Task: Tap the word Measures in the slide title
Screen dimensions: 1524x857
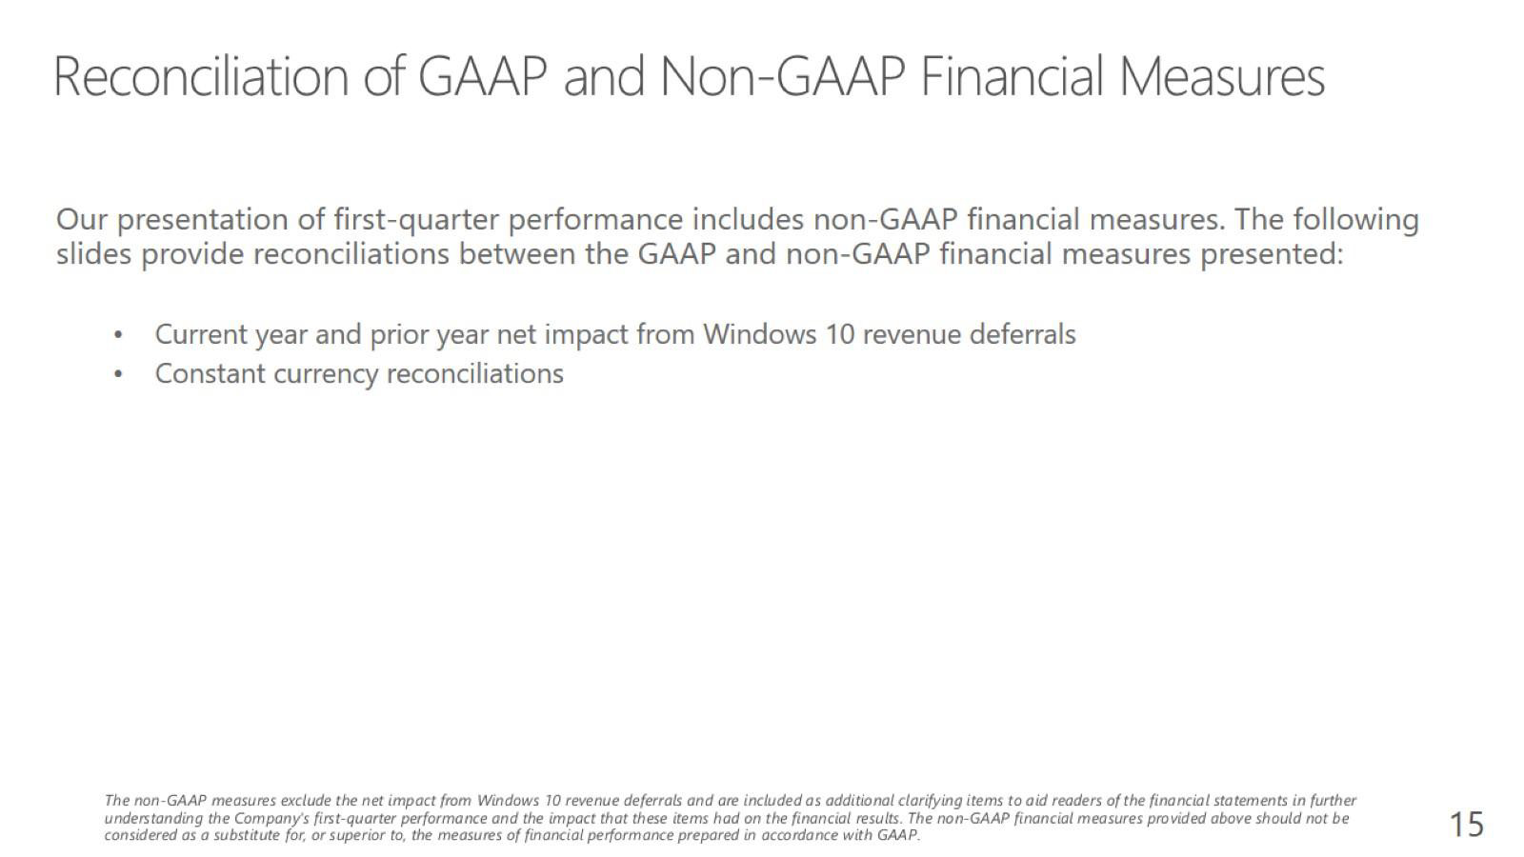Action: click(1222, 77)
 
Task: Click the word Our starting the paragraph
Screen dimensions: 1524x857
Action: click(82, 220)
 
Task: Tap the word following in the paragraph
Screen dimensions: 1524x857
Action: click(1355, 221)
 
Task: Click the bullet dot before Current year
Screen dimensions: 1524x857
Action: click(118, 335)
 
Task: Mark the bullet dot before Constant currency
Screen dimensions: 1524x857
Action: click(118, 375)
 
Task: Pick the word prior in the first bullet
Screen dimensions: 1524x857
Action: click(398, 336)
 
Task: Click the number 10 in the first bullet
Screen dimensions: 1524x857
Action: click(839, 334)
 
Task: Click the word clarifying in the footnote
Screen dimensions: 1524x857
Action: click(930, 801)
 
